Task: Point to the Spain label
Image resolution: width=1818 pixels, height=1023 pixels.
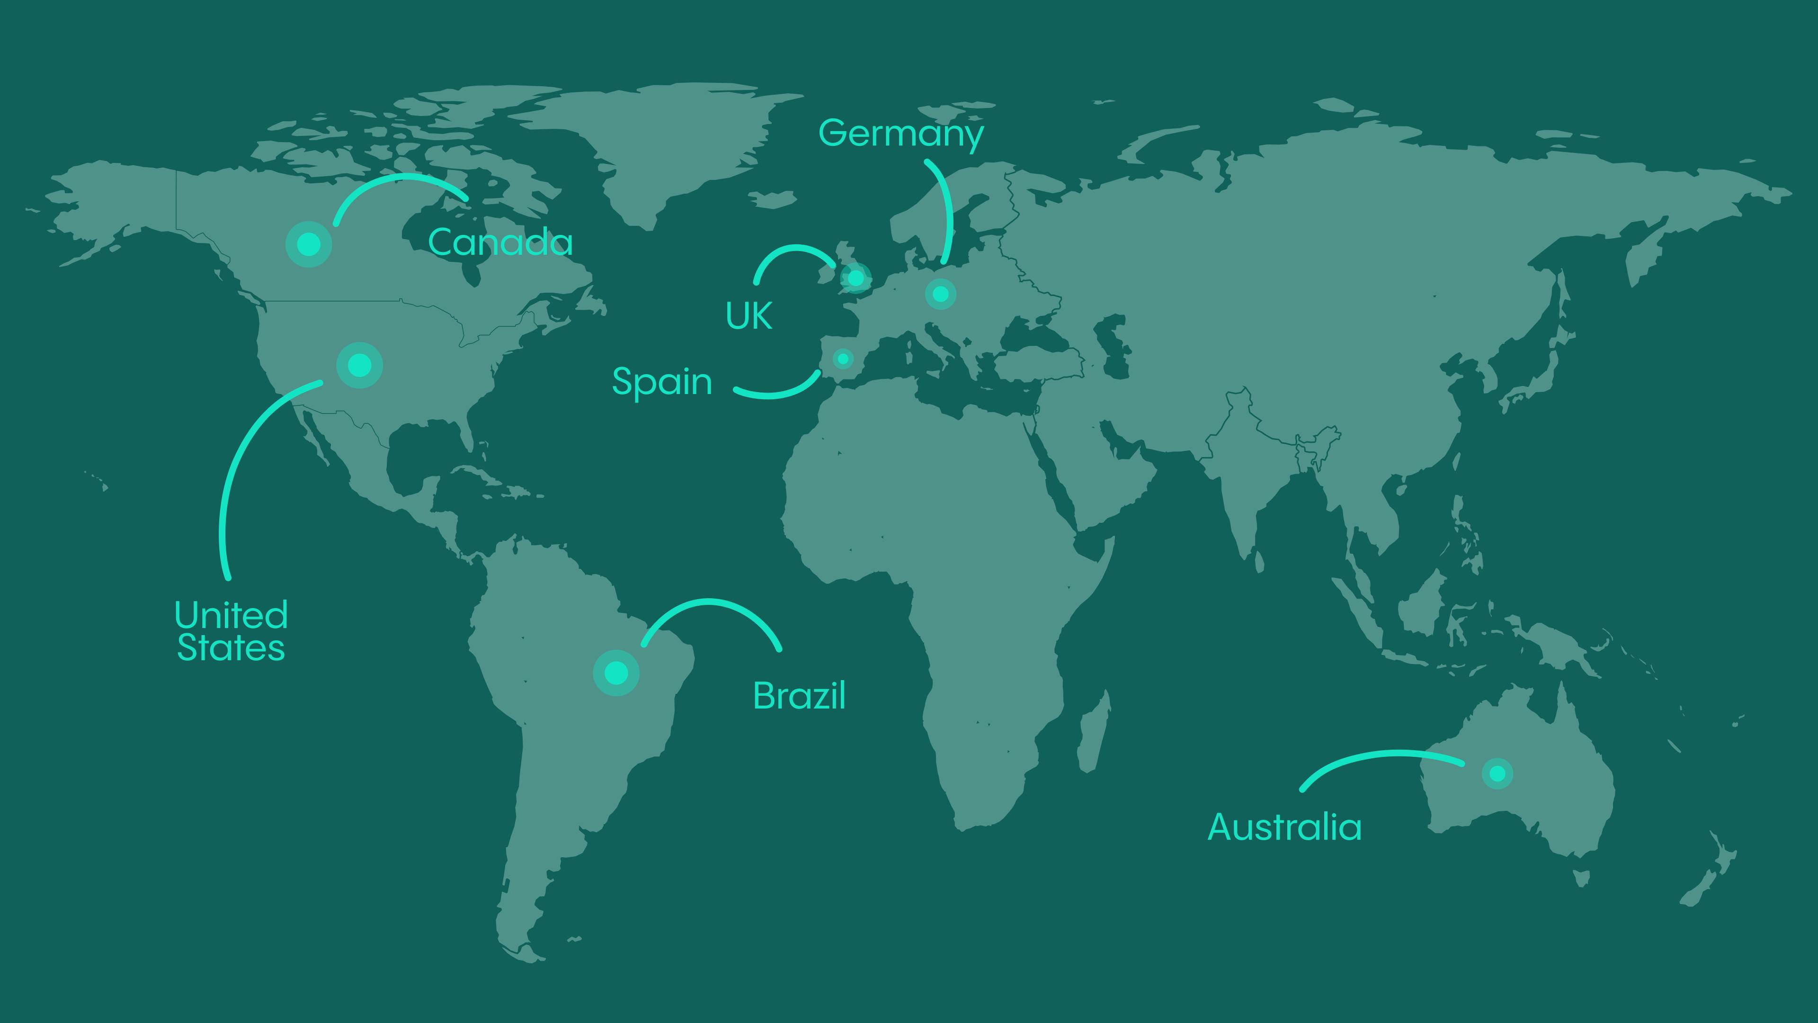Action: click(662, 382)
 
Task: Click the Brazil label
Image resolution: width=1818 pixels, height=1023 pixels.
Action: click(799, 696)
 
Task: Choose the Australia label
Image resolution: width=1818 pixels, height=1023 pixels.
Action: click(1284, 827)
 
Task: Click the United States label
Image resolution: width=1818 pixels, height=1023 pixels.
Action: click(231, 631)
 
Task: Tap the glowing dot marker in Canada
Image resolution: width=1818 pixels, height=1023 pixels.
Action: click(308, 244)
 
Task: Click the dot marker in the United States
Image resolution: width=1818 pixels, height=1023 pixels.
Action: click(359, 365)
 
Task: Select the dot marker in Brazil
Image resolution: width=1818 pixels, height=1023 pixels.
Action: click(616, 673)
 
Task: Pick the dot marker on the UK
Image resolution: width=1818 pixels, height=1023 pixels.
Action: click(856, 278)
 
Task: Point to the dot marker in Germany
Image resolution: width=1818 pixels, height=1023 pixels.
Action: click(940, 293)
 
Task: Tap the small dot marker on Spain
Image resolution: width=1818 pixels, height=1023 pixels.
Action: click(843, 359)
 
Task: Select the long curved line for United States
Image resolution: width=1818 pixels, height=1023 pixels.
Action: click(233, 466)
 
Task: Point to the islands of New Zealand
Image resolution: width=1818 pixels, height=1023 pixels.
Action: click(1708, 875)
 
